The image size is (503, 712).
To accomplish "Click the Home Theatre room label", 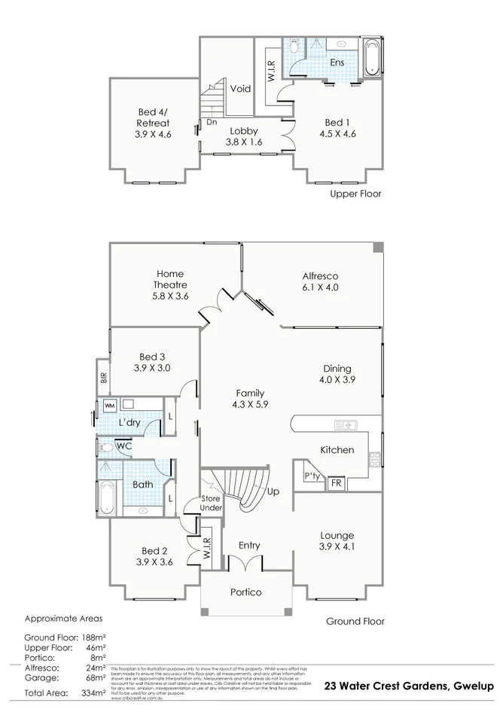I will coord(169,284).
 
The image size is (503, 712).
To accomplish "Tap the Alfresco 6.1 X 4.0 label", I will coord(321,281).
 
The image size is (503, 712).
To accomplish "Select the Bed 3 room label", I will coord(153,362).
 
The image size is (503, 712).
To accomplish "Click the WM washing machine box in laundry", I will coord(109,406).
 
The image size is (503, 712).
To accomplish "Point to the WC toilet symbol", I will coord(107,447).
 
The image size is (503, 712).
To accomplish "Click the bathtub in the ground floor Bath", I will coord(105,498).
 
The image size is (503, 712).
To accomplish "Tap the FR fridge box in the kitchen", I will coord(336,483).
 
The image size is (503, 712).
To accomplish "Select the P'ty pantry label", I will coord(310,477).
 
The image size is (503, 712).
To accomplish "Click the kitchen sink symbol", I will coord(349,427).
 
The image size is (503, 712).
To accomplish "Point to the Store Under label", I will coord(212,504).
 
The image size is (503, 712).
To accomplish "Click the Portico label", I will coord(245,592).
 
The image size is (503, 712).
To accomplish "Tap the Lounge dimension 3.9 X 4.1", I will coord(337,546).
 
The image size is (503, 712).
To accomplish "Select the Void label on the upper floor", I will coord(240,89).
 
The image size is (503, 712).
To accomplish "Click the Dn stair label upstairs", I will coord(212,121).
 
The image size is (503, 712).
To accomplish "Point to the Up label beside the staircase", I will coord(273,491).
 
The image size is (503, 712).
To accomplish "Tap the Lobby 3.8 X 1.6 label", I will coord(243,135).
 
